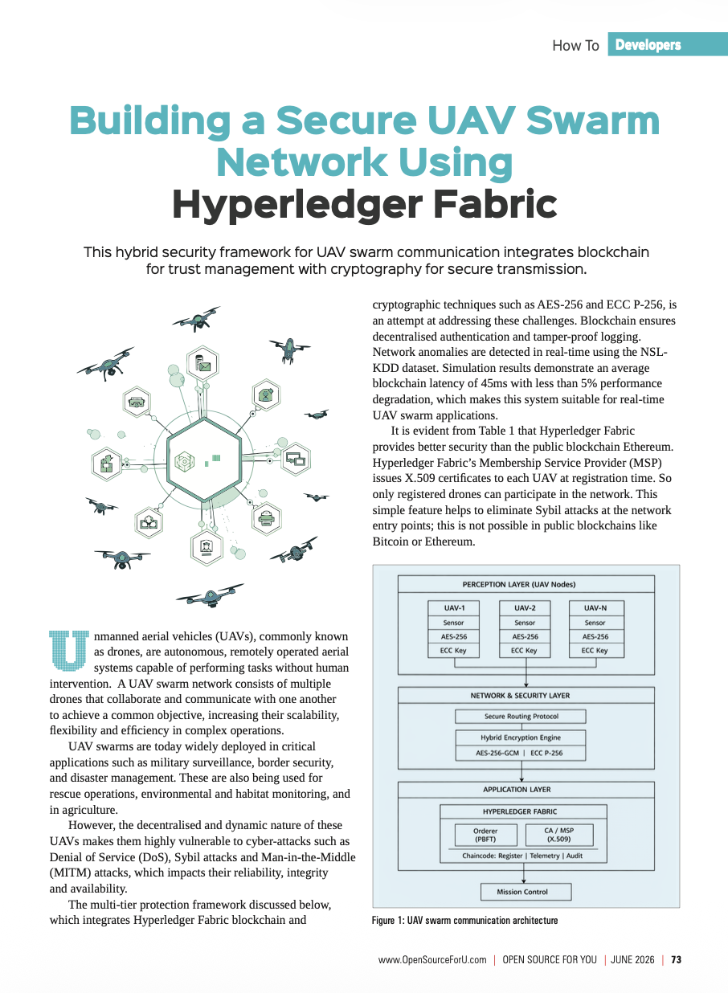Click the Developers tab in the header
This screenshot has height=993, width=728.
tap(667, 44)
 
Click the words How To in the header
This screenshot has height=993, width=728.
tap(575, 45)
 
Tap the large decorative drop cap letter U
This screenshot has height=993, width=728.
tap(69, 650)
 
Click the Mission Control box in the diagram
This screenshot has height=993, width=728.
tap(526, 892)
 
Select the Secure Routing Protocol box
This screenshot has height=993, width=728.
tap(521, 717)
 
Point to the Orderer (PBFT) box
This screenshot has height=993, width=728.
tap(486, 836)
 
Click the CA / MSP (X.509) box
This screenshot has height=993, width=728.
tap(559, 836)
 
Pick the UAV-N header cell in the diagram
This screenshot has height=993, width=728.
tap(596, 608)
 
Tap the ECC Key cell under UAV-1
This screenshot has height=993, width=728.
tap(453, 651)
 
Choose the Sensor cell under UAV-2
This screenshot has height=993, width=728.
tap(525, 623)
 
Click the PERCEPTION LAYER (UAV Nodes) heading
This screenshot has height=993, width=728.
tap(519, 585)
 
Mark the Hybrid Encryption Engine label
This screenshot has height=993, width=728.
tap(521, 738)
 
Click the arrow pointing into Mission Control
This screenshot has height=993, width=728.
tap(524, 873)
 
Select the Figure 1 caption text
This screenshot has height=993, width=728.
tap(464, 921)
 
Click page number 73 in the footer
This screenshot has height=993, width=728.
tap(676, 960)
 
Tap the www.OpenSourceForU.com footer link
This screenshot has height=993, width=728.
tap(432, 960)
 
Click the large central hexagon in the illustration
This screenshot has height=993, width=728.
tap(204, 460)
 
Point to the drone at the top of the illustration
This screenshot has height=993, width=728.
tap(196, 318)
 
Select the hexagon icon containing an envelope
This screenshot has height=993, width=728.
tap(202, 363)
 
